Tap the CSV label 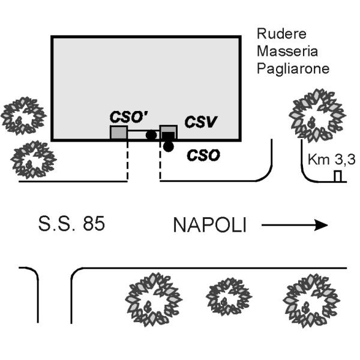[200, 123]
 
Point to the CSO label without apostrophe [203, 156]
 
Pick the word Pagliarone [293, 68]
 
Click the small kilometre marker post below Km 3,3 [338, 176]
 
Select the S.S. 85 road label [71, 225]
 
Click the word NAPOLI [210, 226]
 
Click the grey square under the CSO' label [118, 133]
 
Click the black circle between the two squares [151, 135]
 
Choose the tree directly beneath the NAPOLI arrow [310, 299]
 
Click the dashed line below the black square [160, 162]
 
